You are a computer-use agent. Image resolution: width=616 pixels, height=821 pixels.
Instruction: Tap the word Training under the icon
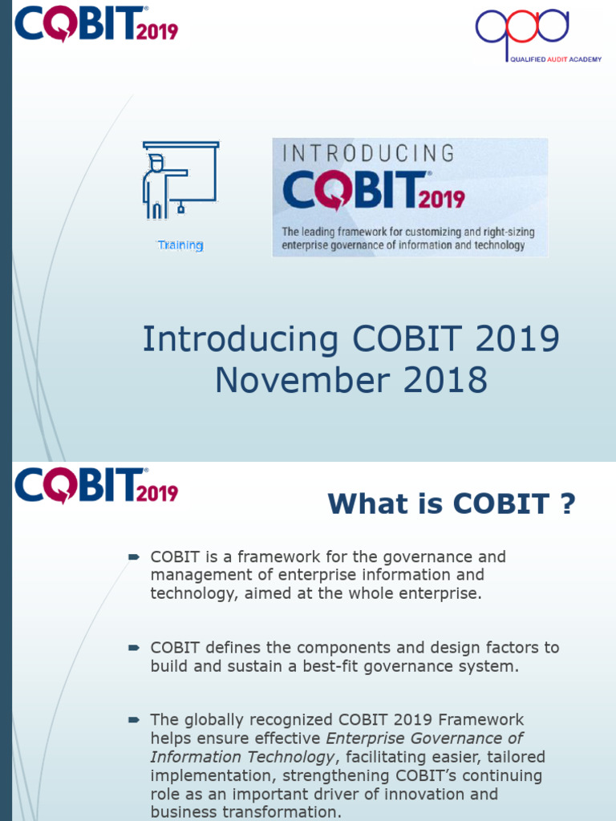tap(180, 245)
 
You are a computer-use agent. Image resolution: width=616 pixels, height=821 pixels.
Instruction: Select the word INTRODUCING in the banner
tap(367, 153)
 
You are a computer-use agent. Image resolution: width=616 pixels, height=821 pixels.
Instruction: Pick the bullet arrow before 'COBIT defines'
tap(134, 647)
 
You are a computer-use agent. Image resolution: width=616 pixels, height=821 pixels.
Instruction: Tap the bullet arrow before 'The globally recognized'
tap(134, 719)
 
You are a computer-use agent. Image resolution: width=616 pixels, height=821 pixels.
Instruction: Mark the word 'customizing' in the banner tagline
tap(432, 233)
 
